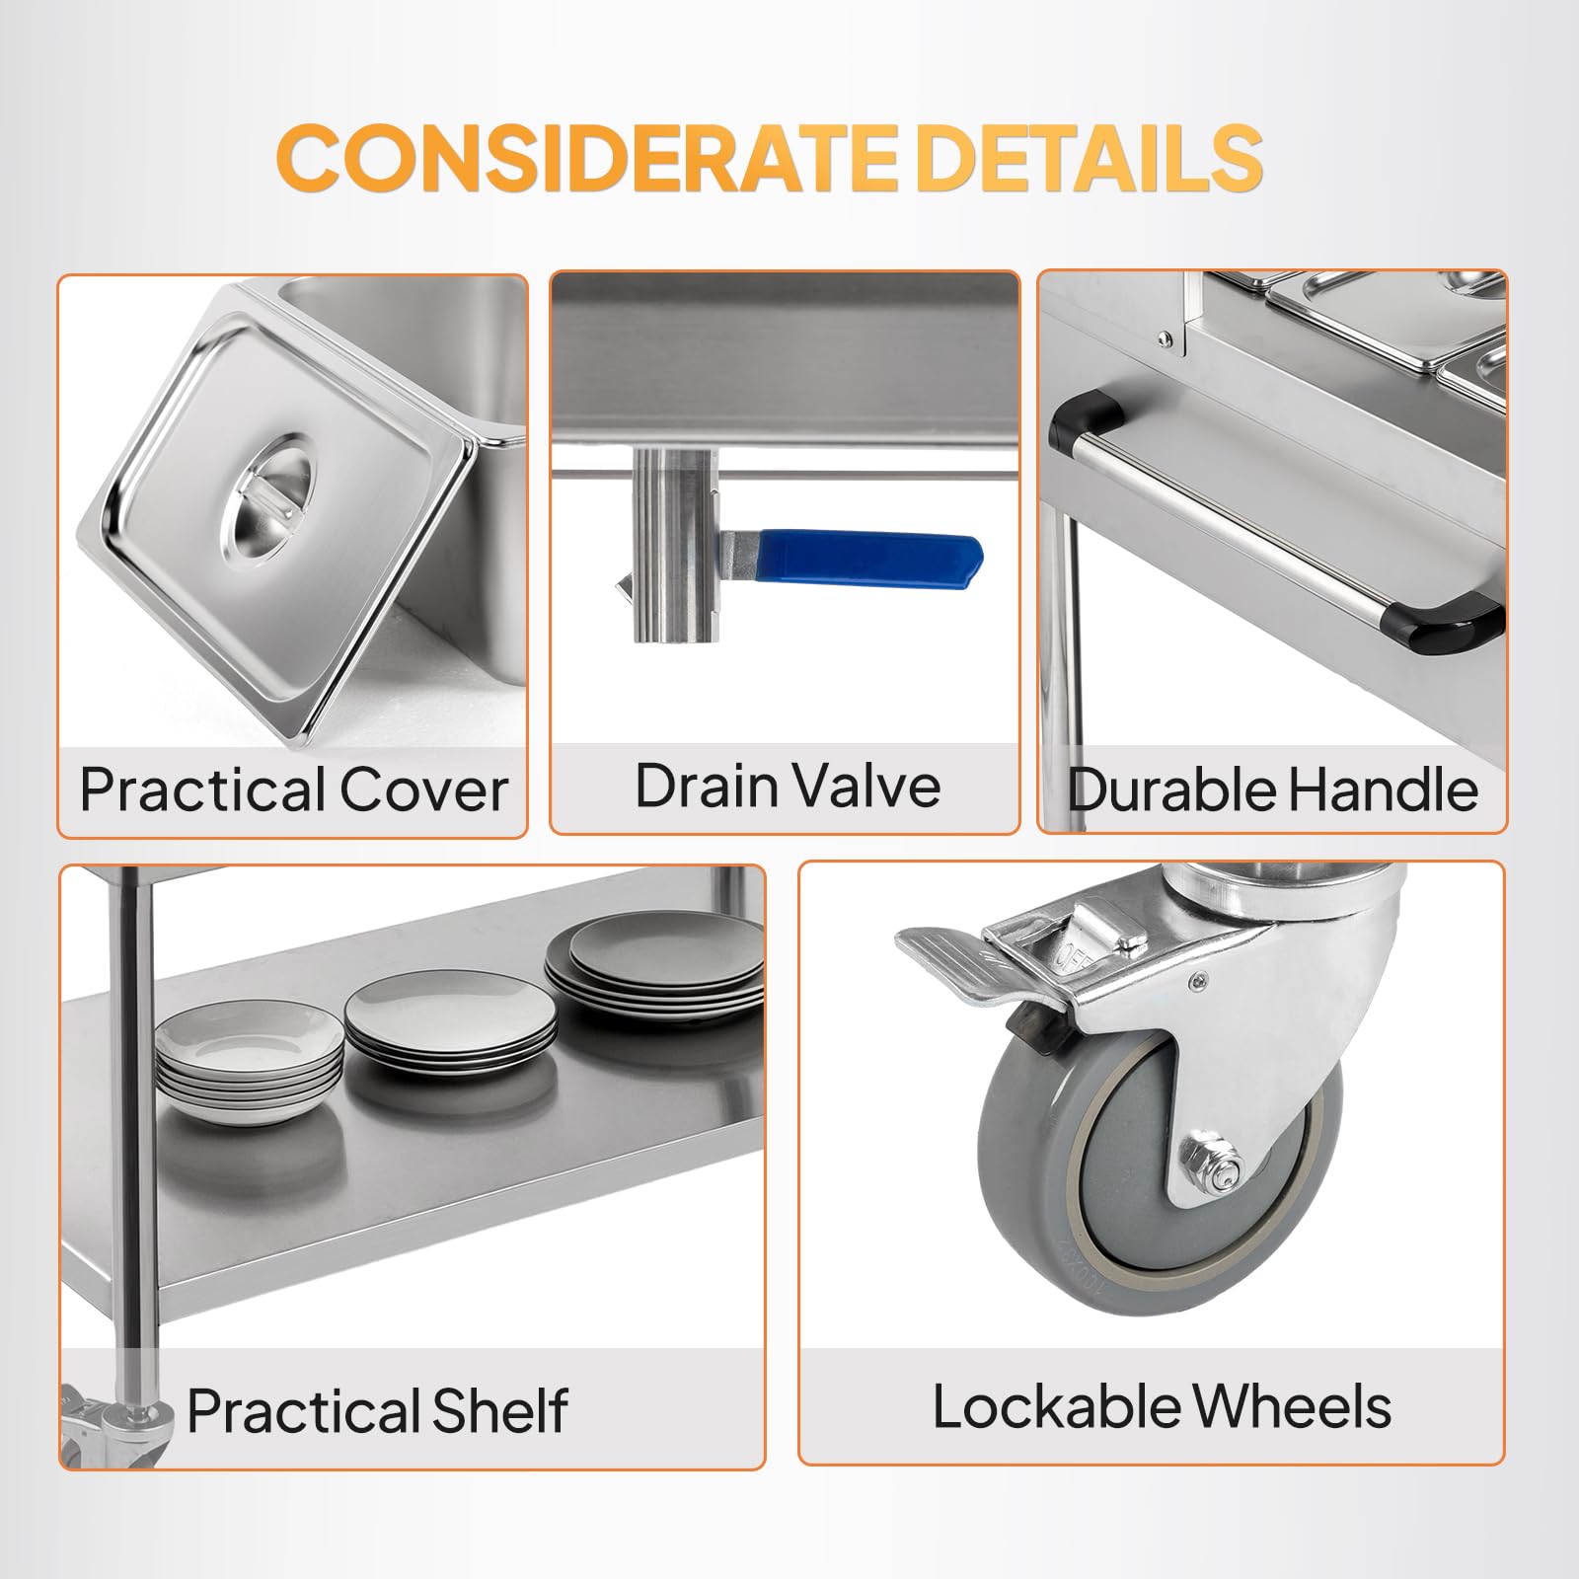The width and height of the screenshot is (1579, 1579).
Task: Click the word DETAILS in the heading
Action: (x=1090, y=157)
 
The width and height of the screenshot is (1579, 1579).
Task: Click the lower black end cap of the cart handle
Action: (x=1461, y=626)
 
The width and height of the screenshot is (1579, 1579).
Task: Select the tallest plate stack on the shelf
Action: (x=655, y=968)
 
